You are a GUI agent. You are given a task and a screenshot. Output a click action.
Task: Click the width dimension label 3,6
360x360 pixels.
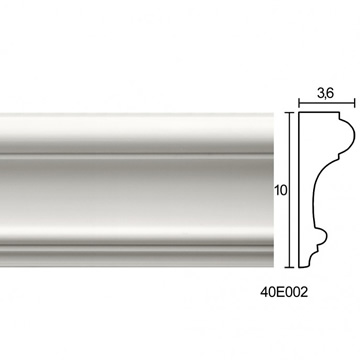coord(325,94)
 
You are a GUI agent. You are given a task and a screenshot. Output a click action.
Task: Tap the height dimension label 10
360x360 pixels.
coord(281,190)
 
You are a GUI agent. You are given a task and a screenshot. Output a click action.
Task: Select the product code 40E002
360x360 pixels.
coord(284,293)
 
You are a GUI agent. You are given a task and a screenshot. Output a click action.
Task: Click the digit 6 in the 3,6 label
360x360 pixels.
coord(329,94)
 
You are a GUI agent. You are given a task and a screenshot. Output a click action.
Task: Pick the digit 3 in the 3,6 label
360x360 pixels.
coord(321,94)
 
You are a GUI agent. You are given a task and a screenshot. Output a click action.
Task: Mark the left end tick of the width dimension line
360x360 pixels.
coord(299,103)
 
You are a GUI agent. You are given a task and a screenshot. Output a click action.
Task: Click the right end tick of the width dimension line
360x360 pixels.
coord(354,103)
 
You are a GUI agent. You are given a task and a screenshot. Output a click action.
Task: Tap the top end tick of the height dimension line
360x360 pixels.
coord(290,113)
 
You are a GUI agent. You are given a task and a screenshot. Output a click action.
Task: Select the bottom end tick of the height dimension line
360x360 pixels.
coord(290,267)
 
